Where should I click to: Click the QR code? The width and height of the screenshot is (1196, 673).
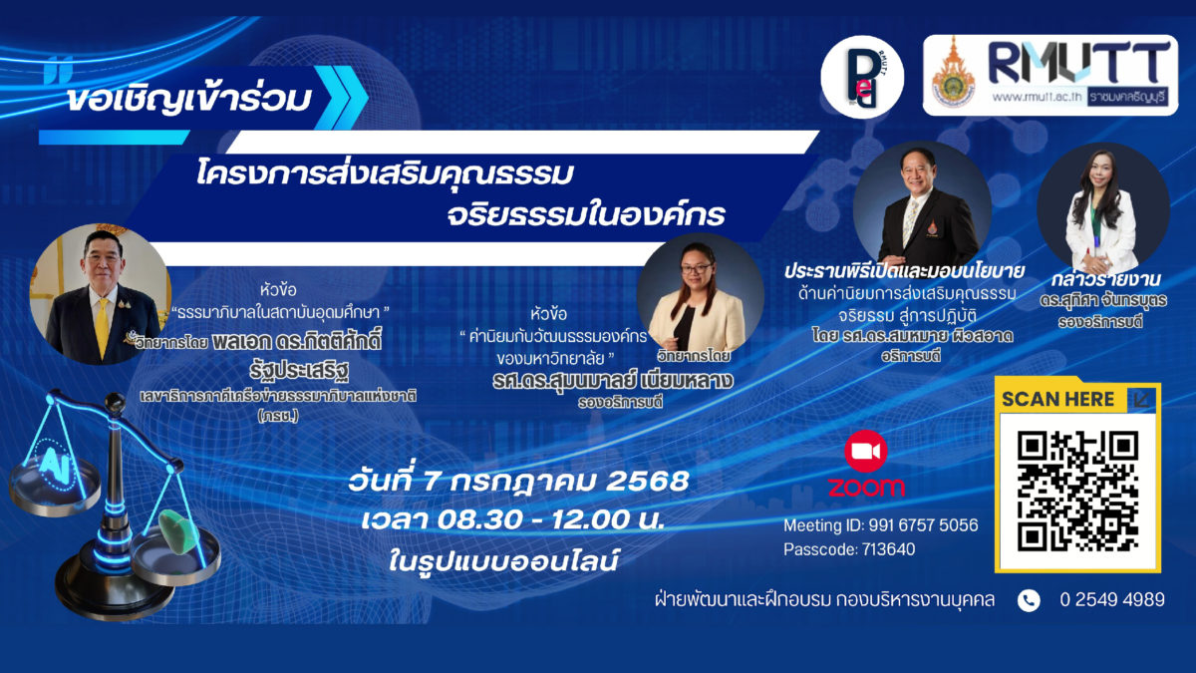coord(1077,491)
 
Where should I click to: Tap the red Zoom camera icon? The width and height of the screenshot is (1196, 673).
coord(865,452)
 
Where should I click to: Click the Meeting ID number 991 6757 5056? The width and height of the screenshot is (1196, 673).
coord(923,525)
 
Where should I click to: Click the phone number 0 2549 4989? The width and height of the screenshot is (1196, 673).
coord(1112,599)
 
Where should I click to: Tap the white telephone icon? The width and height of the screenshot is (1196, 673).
coord(1029,600)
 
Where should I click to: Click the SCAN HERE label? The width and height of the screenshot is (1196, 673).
coord(1057,399)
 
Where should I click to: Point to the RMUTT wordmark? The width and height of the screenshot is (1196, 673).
coord(1079,62)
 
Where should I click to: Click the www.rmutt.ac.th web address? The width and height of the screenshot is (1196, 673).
coord(1037,98)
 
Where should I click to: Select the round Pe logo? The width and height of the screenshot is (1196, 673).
coord(862,78)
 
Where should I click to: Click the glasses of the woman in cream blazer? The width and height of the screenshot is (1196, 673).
coord(696,267)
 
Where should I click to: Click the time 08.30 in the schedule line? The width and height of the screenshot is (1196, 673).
coord(479,519)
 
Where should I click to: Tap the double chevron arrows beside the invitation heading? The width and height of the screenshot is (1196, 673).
coord(342,98)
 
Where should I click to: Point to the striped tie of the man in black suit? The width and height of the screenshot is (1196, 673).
coord(910,221)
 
